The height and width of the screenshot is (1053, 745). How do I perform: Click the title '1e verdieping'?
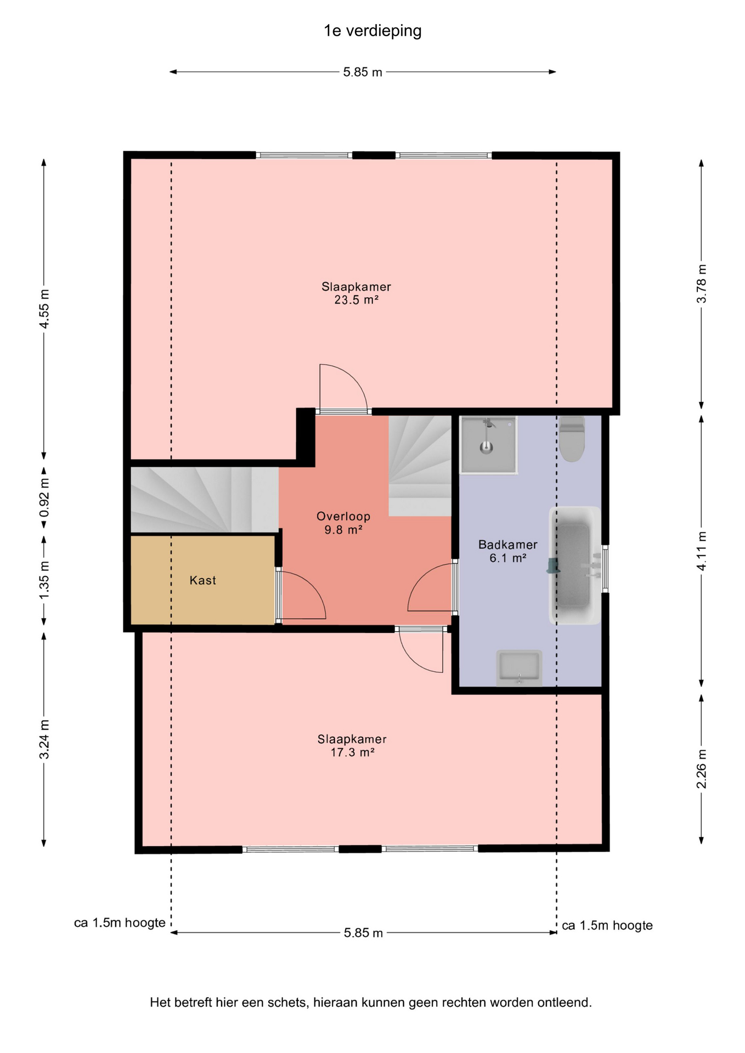point(373,31)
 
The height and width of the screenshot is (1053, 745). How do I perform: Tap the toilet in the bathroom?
point(572,438)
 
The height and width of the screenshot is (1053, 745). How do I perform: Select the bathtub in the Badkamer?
point(574,565)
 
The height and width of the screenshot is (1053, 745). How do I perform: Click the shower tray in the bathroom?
point(488,445)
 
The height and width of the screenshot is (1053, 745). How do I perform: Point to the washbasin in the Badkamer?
point(519,667)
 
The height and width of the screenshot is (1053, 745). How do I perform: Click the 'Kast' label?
point(203,580)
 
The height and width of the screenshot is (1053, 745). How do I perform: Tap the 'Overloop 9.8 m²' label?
point(343,523)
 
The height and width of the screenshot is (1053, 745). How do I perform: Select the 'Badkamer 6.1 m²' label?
point(508,551)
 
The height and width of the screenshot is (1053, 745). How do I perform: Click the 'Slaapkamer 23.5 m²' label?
point(356,293)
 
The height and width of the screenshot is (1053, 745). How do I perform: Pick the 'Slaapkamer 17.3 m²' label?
point(352,745)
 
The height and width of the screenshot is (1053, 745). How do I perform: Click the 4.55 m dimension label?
point(44,308)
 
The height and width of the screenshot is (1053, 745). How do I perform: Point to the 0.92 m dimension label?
point(44,497)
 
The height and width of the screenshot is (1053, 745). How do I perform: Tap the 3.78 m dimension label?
point(701,284)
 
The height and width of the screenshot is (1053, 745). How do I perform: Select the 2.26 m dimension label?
point(701,769)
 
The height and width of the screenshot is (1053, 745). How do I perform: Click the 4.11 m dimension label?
point(701,551)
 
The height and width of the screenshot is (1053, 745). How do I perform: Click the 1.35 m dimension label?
point(44,580)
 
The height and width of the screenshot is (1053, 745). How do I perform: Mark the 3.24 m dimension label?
point(44,739)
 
